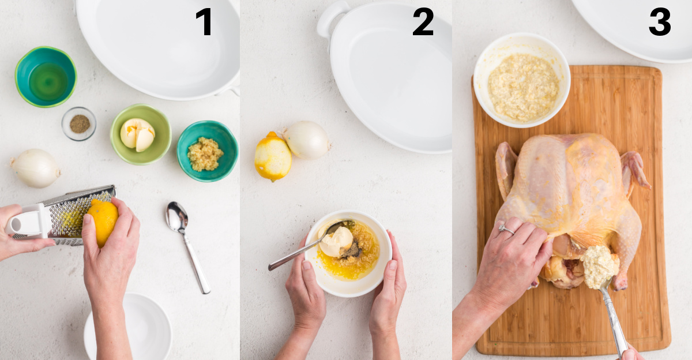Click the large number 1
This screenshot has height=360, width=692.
[204, 21]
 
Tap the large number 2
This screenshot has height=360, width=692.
[423, 21]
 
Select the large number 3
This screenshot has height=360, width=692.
[660, 21]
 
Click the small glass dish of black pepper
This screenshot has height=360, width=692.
[79, 123]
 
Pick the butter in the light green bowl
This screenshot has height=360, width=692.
[137, 134]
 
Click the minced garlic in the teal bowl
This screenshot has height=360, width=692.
[205, 154]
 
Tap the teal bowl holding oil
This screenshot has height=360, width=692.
[46, 77]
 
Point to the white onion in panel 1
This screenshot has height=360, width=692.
[36, 168]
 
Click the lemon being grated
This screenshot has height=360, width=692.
[103, 222]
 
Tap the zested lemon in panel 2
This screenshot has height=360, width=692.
[273, 156]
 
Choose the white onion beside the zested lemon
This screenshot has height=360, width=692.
[307, 140]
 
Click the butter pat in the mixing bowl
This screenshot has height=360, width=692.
[336, 242]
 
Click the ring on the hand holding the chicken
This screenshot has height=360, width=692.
[506, 229]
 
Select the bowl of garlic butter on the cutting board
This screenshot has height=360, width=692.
[522, 80]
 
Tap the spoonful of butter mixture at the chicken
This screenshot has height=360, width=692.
[599, 267]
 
